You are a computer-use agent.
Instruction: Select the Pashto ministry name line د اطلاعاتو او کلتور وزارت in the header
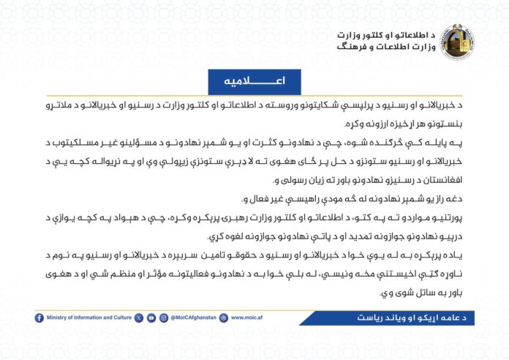pyautogui.click(x=388, y=34)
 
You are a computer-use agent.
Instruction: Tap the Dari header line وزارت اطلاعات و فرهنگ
pyautogui.click(x=387, y=47)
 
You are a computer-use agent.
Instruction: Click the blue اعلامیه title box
pyautogui.click(x=254, y=80)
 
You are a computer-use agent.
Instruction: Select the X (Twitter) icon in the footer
pyautogui.click(x=139, y=318)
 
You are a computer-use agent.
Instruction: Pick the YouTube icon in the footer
pyautogui.click(x=151, y=318)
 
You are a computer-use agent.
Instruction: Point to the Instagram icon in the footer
pyautogui.click(x=163, y=318)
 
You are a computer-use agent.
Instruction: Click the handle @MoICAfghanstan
pyautogui.click(x=194, y=318)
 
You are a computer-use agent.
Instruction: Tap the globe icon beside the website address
pyautogui.click(x=225, y=318)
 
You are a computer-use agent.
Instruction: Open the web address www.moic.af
pyautogui.click(x=247, y=318)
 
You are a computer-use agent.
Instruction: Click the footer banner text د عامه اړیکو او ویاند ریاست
pyautogui.click(x=399, y=318)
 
